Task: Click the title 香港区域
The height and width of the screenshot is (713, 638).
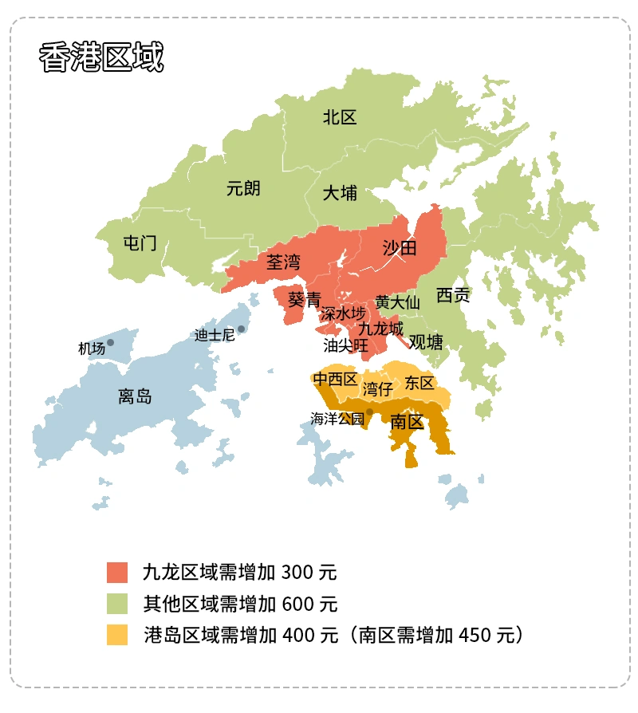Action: [x=101, y=58]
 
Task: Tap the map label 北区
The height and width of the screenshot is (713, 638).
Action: [x=340, y=118]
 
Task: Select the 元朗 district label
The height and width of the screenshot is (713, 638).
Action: [x=243, y=189]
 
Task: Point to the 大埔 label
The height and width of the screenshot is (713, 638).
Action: [x=340, y=193]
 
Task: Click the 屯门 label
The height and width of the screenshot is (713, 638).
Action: [x=140, y=243]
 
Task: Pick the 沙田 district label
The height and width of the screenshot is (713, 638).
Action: [x=400, y=247]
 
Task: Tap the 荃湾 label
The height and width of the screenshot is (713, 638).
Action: [x=283, y=262]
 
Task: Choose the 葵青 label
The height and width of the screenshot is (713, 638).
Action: [x=304, y=300]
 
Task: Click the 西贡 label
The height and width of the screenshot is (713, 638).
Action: [x=453, y=296]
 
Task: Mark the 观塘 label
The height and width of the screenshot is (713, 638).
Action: [x=426, y=342]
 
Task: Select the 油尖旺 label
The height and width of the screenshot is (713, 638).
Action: [x=345, y=345]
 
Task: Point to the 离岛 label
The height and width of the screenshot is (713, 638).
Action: [x=135, y=396]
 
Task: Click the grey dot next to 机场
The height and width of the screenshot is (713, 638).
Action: [x=111, y=342]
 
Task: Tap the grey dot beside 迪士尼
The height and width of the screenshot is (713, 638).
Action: [x=242, y=329]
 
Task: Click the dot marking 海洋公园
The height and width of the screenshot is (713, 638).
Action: [x=369, y=412]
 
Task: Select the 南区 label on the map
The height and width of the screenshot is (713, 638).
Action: [x=407, y=423]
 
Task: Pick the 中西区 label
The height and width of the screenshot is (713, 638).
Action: [x=336, y=380]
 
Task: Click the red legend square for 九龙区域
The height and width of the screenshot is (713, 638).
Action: [x=117, y=572]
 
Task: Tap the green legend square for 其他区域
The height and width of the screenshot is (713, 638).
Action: [x=117, y=604]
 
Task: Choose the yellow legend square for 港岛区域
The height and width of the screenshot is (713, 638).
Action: [x=117, y=635]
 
